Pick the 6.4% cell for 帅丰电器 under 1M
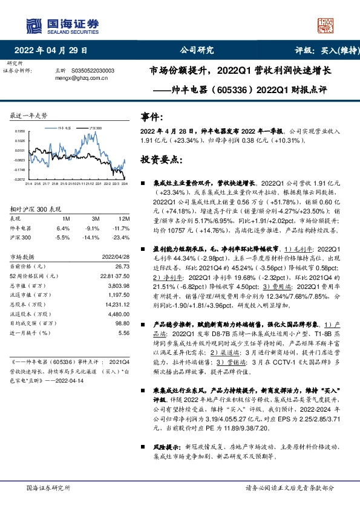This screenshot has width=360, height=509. (x=63, y=229)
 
